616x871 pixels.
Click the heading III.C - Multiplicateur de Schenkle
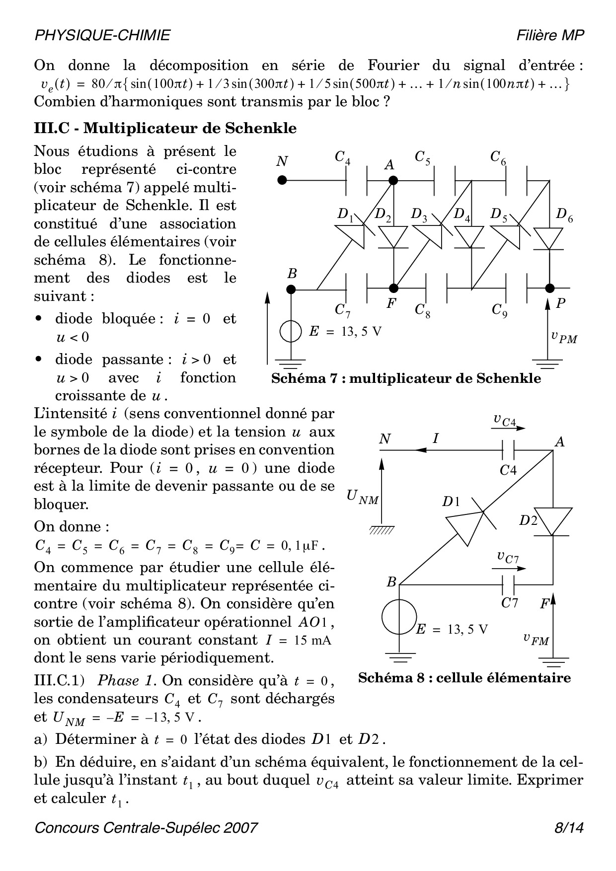click(x=165, y=128)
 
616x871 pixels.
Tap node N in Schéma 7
click(x=282, y=180)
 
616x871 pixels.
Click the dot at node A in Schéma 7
click(x=393, y=180)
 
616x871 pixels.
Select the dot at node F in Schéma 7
click(x=393, y=288)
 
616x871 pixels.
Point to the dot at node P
click(x=549, y=288)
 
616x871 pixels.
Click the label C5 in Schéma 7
click(x=423, y=157)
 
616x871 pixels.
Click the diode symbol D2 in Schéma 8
click(x=553, y=521)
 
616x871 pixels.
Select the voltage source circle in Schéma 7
click(x=291, y=332)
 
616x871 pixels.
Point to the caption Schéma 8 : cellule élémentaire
click(x=464, y=678)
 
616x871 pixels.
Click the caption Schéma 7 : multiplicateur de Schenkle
click(x=406, y=378)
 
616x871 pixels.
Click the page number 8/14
click(x=569, y=828)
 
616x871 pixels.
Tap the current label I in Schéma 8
click(x=436, y=438)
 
